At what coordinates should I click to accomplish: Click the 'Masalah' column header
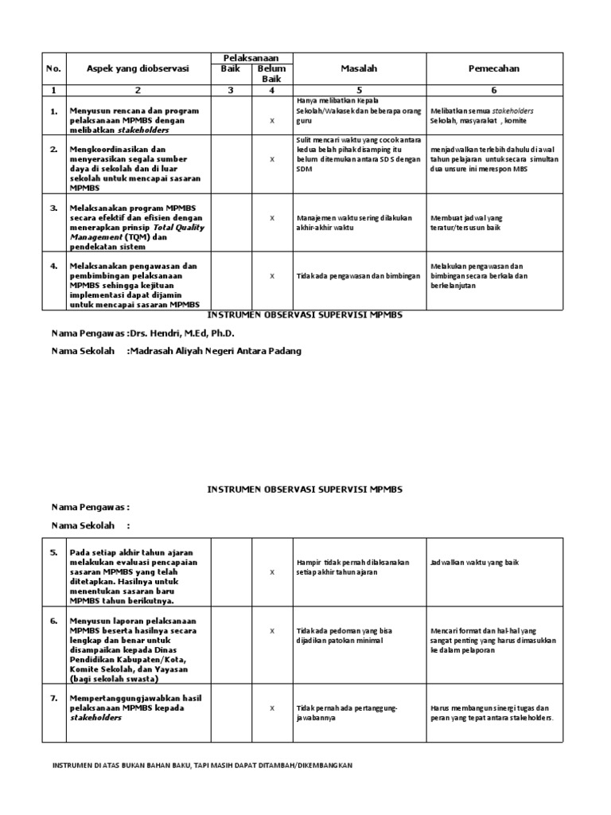click(358, 68)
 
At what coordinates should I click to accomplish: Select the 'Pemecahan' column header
click(494, 68)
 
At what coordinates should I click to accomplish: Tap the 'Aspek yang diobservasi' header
click(138, 68)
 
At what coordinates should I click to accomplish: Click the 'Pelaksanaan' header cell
click(250, 58)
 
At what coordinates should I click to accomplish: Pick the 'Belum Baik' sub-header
click(271, 74)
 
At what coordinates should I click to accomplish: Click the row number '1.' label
click(54, 111)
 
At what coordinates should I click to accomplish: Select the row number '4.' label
click(54, 266)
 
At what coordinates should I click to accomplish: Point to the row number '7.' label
click(54, 697)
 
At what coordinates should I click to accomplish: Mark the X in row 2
click(272, 159)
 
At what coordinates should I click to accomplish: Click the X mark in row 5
click(272, 572)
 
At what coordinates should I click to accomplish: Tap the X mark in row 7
click(272, 708)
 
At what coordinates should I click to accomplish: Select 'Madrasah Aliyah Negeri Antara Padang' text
click(216, 351)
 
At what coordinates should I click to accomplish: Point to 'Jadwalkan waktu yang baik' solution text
click(474, 562)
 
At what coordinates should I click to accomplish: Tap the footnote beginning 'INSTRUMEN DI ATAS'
click(202, 765)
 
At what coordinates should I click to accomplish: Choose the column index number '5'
click(358, 90)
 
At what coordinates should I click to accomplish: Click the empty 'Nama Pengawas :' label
click(90, 507)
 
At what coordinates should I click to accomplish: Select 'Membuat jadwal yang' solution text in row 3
click(466, 217)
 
